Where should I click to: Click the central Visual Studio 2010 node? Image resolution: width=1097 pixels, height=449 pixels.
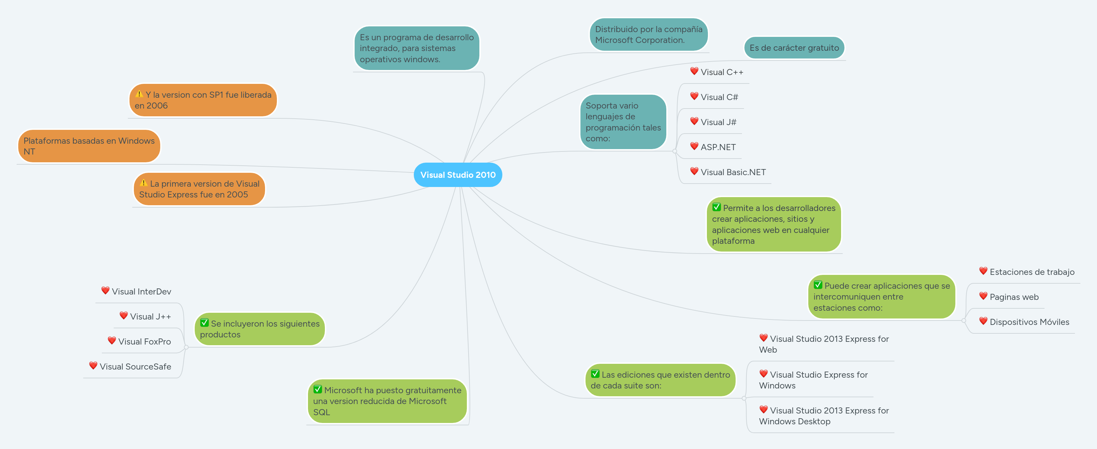coord(458,175)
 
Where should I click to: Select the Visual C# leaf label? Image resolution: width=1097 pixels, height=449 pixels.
coord(719,97)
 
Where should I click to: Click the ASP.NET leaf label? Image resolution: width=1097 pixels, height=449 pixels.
coord(718,147)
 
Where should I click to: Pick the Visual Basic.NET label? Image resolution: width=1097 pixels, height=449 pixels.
coord(733,172)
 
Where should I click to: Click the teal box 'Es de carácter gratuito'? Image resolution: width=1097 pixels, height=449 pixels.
coord(794,48)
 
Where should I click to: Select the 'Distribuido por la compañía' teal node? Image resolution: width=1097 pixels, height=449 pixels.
coord(648,34)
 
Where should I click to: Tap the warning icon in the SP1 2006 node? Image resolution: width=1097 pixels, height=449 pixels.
coord(139,94)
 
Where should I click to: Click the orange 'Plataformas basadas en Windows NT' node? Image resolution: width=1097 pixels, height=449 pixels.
coord(89,146)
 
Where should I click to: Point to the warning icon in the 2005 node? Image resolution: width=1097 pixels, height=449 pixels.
coord(144,183)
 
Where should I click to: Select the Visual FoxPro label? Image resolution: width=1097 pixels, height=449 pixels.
coord(144,341)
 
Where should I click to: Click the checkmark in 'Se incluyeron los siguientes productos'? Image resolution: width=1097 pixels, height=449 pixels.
coord(205,323)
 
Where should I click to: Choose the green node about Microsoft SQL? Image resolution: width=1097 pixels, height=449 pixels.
coord(387,401)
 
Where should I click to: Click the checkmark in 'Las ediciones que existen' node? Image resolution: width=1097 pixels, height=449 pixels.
coord(595,374)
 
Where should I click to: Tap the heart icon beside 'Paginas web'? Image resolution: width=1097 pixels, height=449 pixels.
coord(983,296)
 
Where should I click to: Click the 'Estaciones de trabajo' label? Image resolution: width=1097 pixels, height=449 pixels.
coord(1031,272)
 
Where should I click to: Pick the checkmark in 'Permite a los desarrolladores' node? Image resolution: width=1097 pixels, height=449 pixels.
coord(716,208)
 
